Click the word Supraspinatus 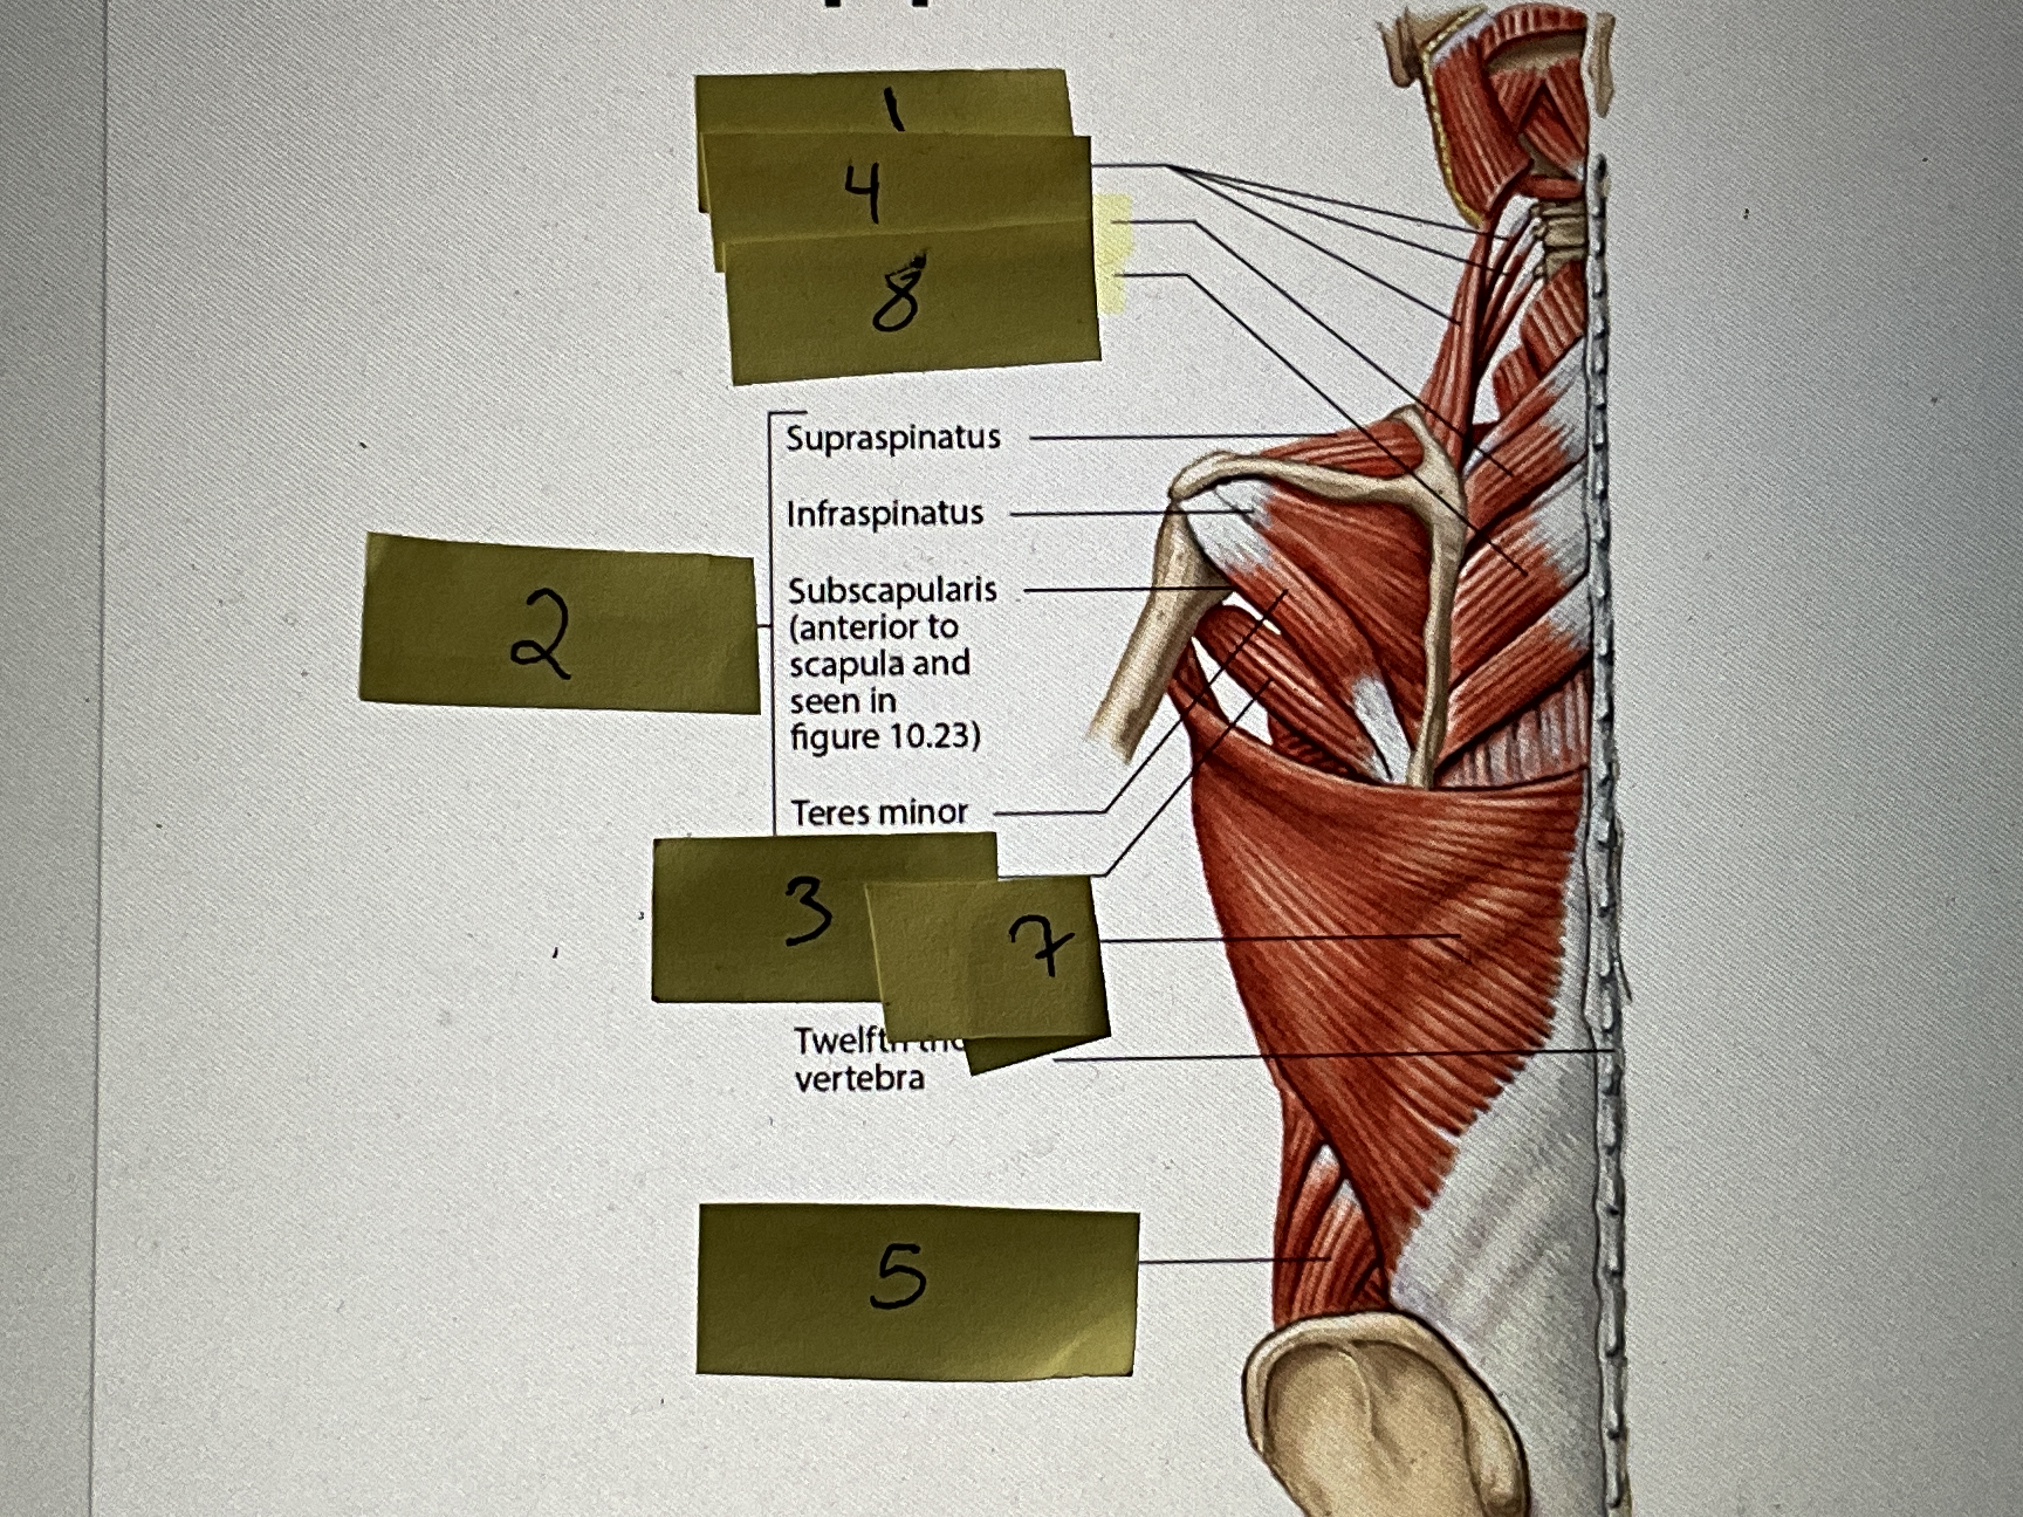(x=893, y=438)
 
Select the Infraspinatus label (x=885, y=514)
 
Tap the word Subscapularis (x=892, y=591)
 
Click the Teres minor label (x=879, y=812)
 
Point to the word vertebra (x=859, y=1079)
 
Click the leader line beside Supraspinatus (x=1180, y=437)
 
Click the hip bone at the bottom (x=1372, y=1427)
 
